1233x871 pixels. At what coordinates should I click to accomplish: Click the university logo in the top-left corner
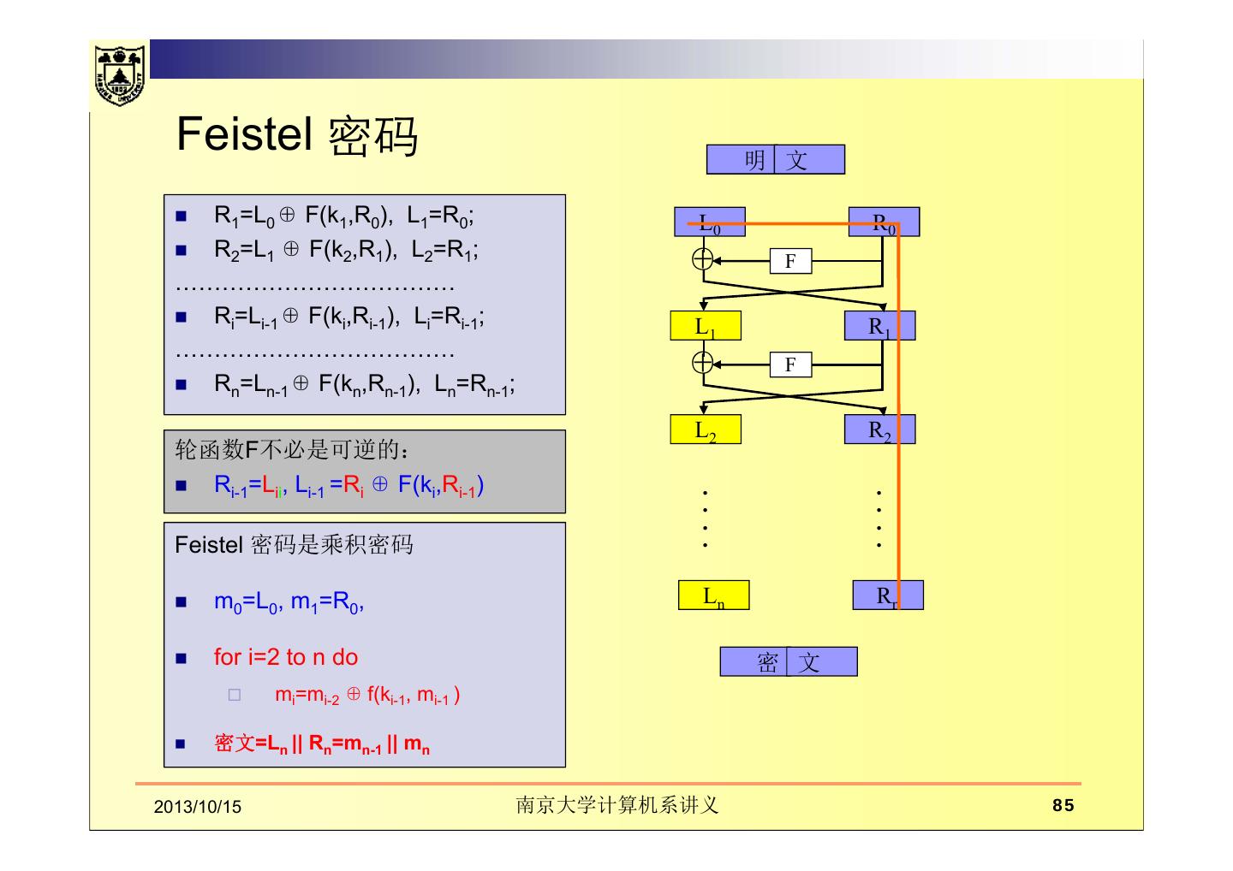(x=119, y=74)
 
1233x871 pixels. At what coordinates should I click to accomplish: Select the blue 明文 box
(x=775, y=160)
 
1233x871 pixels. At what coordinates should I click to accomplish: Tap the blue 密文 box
(x=788, y=661)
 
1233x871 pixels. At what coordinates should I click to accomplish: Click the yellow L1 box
(x=705, y=326)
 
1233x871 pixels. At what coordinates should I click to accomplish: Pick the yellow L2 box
(x=705, y=430)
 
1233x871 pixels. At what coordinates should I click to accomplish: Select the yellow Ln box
(x=713, y=595)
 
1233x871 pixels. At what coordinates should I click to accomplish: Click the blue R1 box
(x=879, y=326)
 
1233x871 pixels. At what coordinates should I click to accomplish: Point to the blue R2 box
(x=879, y=430)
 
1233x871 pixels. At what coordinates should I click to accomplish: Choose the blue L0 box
(x=709, y=222)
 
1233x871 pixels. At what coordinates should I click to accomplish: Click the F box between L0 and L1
(x=790, y=261)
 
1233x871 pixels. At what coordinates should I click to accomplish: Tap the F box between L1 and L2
(x=790, y=364)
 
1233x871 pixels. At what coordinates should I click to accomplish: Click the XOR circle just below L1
(x=702, y=363)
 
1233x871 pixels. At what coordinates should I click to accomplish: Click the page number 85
(x=1063, y=805)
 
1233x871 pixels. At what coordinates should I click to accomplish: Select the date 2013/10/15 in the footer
(x=198, y=807)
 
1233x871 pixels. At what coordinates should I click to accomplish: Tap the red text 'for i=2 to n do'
(x=286, y=657)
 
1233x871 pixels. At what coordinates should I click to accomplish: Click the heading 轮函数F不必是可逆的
(x=291, y=449)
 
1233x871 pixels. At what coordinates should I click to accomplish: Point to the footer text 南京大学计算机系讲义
(x=616, y=805)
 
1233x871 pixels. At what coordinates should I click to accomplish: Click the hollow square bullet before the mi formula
(x=235, y=696)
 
